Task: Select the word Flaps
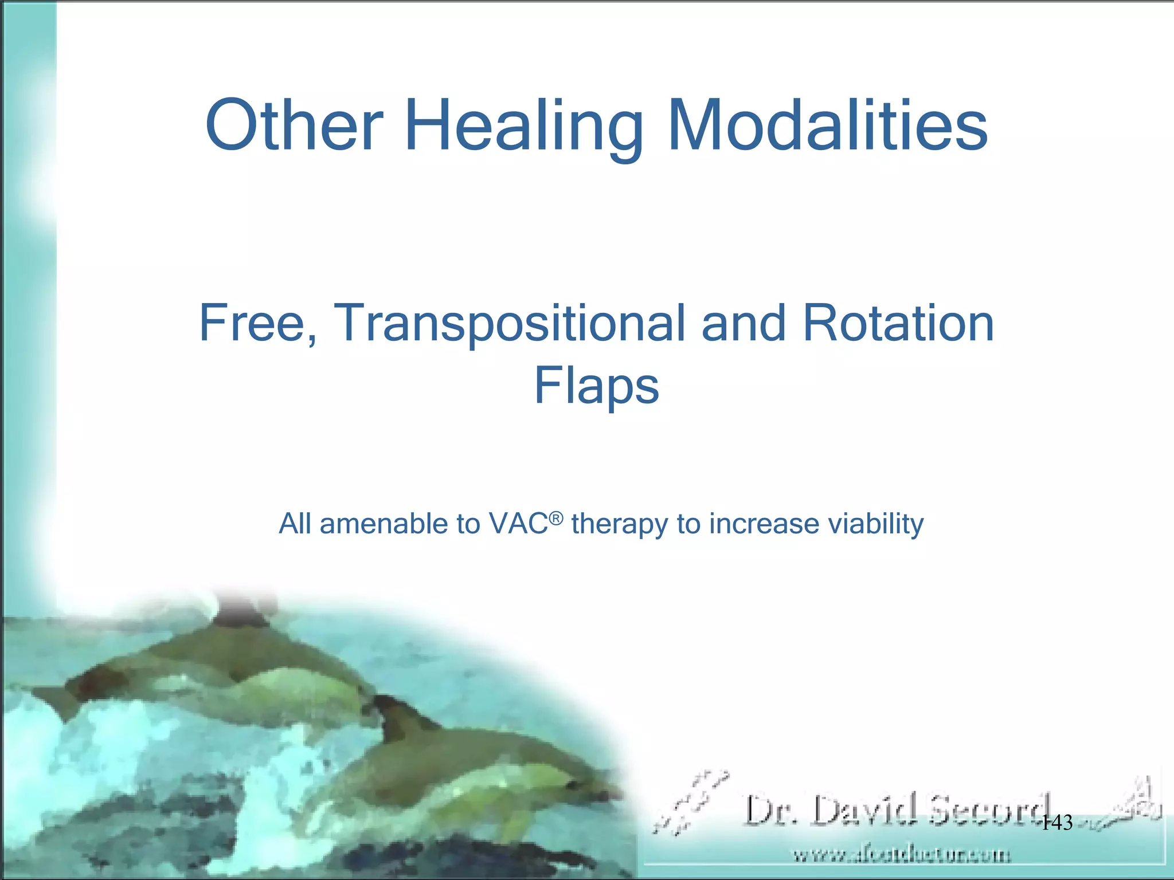596,387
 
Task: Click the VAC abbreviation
518,524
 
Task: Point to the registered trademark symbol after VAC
556,518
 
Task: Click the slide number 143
1056,823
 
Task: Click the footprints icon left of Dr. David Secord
691,802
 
